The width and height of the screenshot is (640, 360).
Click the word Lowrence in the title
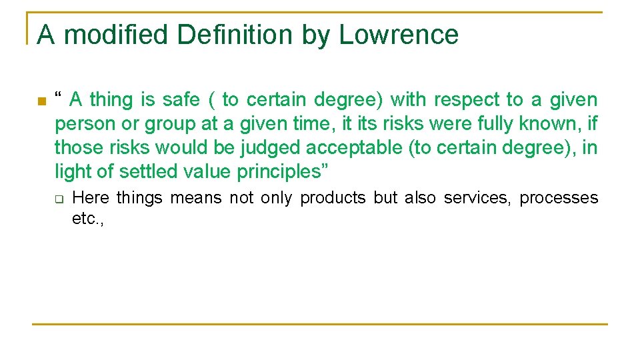point(399,35)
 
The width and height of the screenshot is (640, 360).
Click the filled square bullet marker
point(41,102)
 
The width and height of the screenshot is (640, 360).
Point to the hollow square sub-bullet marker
point(58,199)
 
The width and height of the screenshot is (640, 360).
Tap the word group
point(169,124)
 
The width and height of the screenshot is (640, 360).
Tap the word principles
point(283,171)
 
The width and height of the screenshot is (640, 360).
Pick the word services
point(476,198)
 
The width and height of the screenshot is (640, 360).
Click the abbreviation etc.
point(87,219)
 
